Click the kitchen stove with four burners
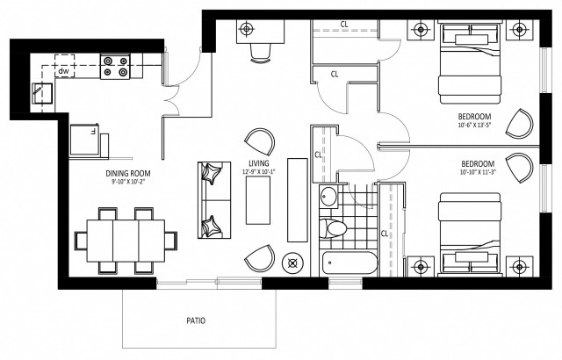pos(117,67)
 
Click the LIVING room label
pos(258,163)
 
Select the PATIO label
pos(196,320)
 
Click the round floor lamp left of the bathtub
pos(293,263)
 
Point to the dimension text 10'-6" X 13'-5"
pos(473,126)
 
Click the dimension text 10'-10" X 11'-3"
pos(477,173)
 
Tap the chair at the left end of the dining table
pos(81,238)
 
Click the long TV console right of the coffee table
pos(298,200)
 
